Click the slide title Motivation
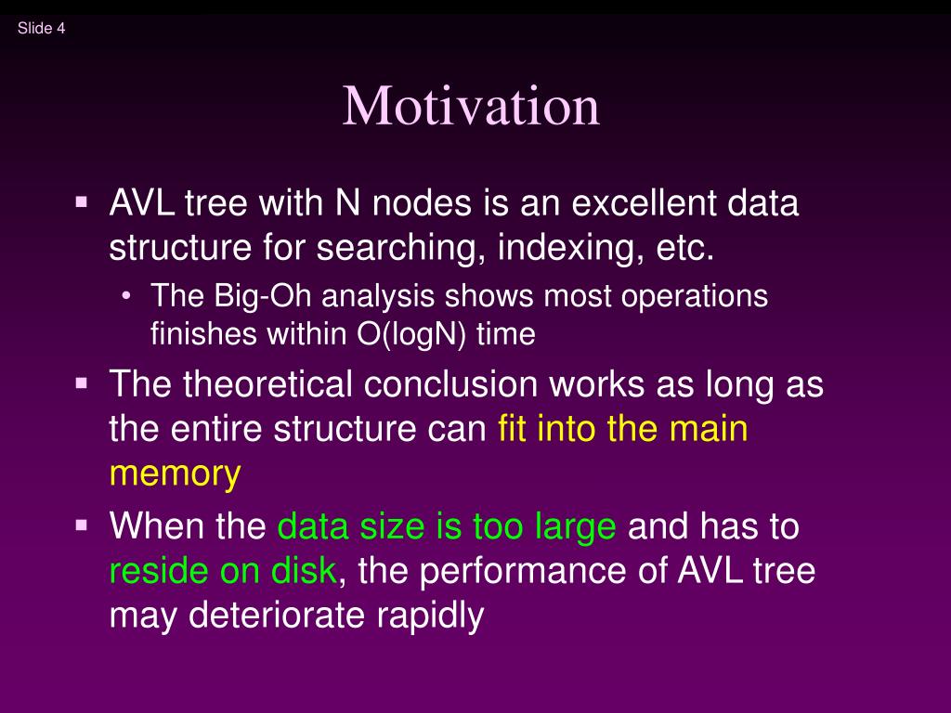click(x=471, y=106)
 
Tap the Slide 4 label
click(x=41, y=28)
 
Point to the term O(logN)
click(x=411, y=334)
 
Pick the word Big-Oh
click(x=263, y=297)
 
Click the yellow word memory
click(x=176, y=473)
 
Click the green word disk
click(x=304, y=570)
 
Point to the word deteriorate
click(x=277, y=615)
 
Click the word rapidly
click(x=430, y=616)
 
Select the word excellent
click(x=644, y=202)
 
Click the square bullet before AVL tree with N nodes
click(x=82, y=201)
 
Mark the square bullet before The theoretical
click(x=82, y=383)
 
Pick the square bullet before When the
click(x=82, y=525)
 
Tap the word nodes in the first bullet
click(x=423, y=202)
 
